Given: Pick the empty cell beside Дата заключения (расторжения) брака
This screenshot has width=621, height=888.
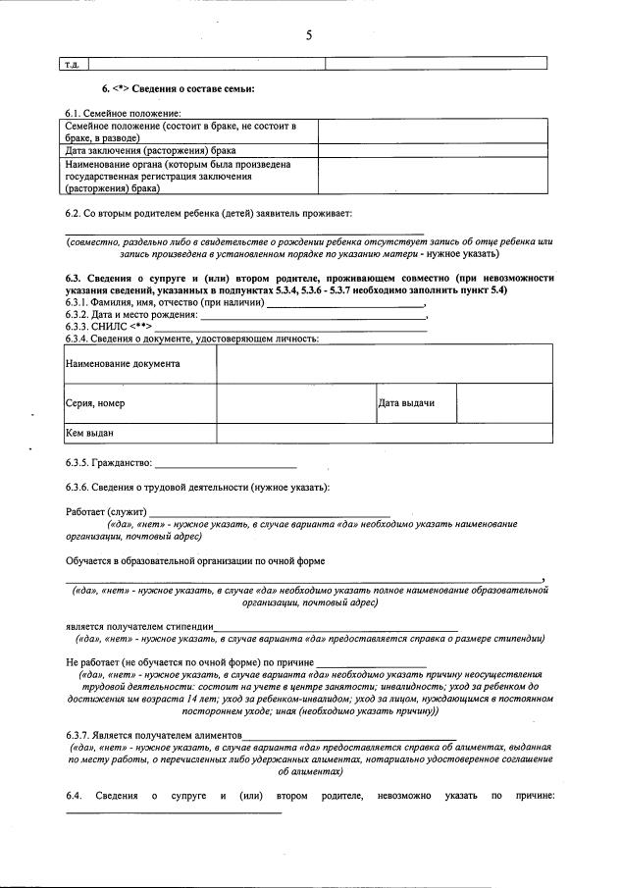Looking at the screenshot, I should [x=434, y=151].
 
